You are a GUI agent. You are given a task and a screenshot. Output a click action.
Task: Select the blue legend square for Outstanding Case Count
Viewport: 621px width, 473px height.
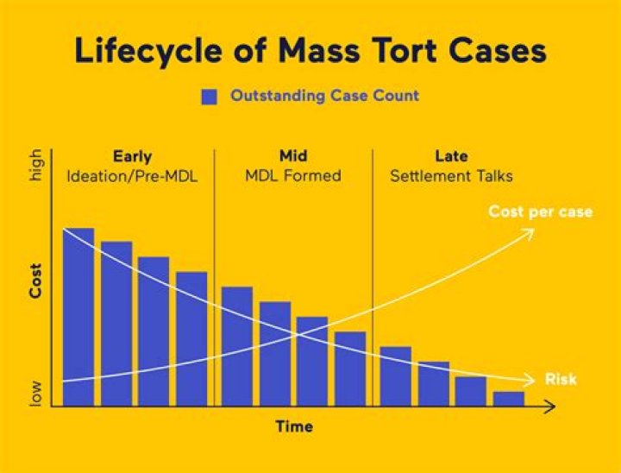coord(209,97)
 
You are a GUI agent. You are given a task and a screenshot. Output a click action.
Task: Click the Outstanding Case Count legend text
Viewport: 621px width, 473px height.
coord(324,96)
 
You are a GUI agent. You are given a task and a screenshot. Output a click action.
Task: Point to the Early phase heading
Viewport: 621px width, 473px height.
coord(132,157)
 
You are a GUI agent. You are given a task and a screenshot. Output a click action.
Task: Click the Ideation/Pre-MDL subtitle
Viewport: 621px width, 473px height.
coord(132,176)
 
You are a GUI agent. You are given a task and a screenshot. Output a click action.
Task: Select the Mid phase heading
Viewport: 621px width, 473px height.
coord(293,157)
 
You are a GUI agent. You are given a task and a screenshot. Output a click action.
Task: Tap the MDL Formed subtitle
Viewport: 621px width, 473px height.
coord(293,176)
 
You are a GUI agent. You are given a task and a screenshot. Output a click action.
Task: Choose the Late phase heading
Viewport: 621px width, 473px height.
coord(451,157)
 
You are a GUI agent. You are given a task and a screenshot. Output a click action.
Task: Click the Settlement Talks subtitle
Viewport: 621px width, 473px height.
coord(451,176)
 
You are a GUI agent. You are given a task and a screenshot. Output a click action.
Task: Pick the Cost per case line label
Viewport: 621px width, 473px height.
coord(540,211)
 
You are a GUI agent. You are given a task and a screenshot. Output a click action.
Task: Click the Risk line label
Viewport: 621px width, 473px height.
coord(561,379)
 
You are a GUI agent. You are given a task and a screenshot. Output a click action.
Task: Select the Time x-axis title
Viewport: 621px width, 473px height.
coord(294,426)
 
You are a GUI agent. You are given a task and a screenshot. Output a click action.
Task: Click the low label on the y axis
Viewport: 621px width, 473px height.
coord(36,394)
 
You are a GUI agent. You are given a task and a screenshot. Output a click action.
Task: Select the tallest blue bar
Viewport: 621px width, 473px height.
coord(78,317)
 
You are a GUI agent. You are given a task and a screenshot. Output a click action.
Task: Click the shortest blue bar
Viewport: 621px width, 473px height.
coord(509,399)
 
